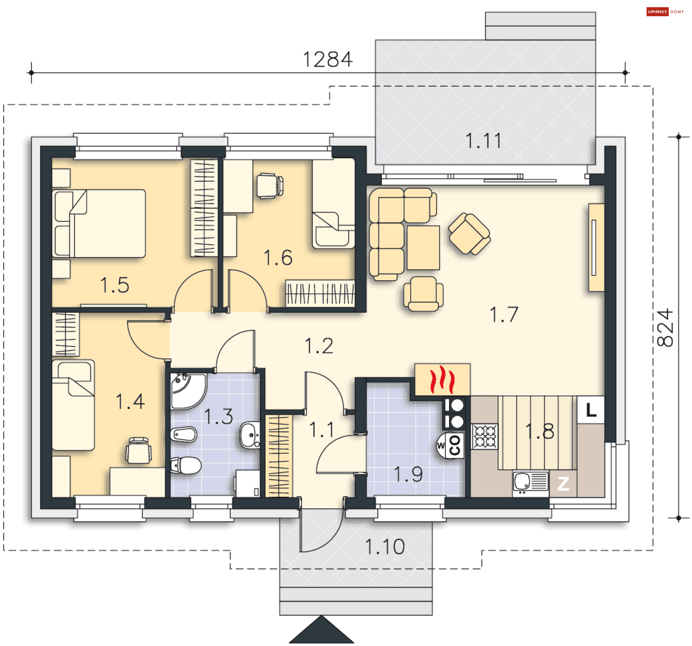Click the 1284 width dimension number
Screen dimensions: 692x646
point(327,59)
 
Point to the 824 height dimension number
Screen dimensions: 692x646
point(665,328)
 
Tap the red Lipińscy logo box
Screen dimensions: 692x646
point(657,12)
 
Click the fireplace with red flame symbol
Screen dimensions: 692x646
point(442,379)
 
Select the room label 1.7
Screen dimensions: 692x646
point(504,315)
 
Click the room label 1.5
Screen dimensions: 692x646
point(115,285)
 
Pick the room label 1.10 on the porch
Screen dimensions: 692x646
point(385,547)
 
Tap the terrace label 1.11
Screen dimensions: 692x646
point(483,141)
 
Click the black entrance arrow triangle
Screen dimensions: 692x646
point(321,630)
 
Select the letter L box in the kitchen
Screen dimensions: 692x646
point(591,410)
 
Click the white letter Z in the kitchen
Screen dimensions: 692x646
point(563,484)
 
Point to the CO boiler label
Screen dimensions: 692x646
point(455,445)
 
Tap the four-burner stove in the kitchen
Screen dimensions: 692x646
point(485,436)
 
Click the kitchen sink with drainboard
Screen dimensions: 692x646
point(531,481)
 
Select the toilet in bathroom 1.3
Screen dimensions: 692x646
point(186,465)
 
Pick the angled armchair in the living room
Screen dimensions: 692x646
point(469,233)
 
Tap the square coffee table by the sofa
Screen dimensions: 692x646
point(423,248)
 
